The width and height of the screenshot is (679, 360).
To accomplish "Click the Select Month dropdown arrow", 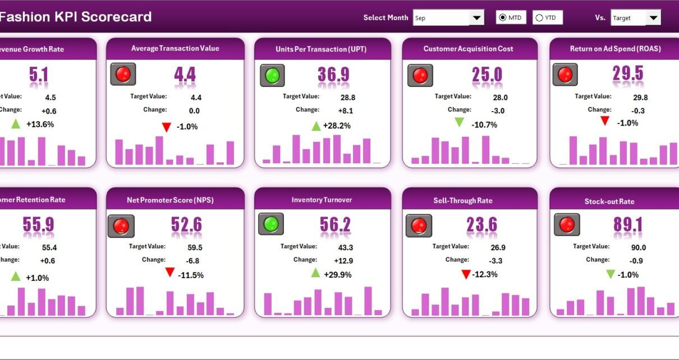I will click(x=477, y=18).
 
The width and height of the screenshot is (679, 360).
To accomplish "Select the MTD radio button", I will click(x=502, y=18).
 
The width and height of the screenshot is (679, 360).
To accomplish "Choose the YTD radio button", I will click(x=539, y=18).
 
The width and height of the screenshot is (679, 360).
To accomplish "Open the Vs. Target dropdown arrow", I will click(x=653, y=18).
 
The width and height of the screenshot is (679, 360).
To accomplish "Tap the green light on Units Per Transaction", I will click(x=272, y=75).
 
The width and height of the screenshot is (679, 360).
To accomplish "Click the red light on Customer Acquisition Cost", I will click(x=420, y=75).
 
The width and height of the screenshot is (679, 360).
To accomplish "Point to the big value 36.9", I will click(x=333, y=75).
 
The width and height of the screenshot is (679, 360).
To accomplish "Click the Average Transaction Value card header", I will click(x=175, y=49).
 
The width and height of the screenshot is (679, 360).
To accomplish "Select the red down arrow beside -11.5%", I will click(x=170, y=273).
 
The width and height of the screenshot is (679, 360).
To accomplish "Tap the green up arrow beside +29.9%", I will click(x=316, y=273).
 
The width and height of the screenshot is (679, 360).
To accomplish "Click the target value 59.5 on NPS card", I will click(x=195, y=247).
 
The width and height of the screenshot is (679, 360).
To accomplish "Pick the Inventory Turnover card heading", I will click(x=322, y=200).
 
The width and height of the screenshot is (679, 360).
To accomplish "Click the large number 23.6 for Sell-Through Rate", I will click(x=481, y=225).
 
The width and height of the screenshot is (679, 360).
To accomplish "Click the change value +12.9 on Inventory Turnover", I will click(x=343, y=261).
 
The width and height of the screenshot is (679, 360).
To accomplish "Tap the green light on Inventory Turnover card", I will click(x=271, y=224).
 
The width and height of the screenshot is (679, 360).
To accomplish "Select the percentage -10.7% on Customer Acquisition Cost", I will click(x=484, y=124).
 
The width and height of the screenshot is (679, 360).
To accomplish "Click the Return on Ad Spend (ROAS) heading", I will click(x=615, y=49).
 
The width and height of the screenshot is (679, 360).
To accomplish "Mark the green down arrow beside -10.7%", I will click(x=460, y=122).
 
